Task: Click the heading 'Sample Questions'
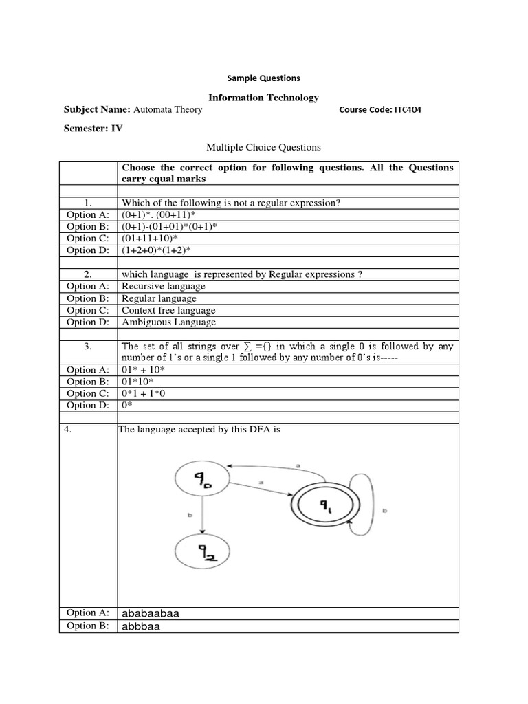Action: tap(263, 78)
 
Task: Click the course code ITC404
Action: tap(379, 110)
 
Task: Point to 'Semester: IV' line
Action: tap(93, 129)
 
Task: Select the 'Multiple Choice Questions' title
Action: tap(263, 147)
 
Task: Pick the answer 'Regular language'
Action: tap(159, 298)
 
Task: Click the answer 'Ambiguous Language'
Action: tap(168, 322)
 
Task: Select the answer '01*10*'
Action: tap(137, 382)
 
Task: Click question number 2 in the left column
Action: tap(88, 274)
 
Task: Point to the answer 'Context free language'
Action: tap(168, 310)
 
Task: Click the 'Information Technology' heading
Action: tap(263, 98)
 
